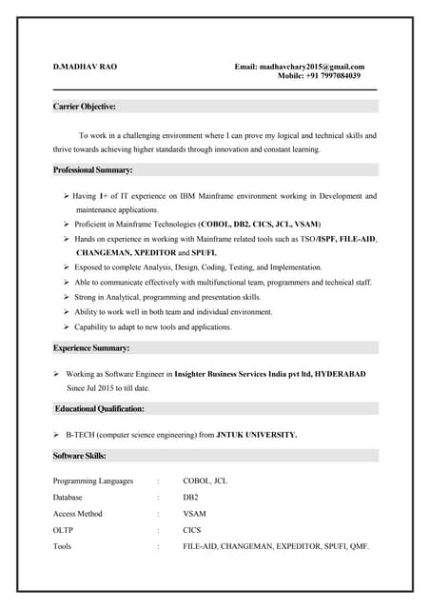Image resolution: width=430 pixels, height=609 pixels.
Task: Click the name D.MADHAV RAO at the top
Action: pos(86,67)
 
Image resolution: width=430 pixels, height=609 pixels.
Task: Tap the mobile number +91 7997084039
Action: pos(333,76)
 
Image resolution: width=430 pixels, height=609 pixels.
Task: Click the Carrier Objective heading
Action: pos(85,107)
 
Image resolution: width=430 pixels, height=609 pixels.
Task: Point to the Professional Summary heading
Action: pos(93,169)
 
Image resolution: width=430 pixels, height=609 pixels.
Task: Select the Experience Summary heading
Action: pos(91,348)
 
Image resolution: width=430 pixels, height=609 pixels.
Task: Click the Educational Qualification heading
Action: pos(100,408)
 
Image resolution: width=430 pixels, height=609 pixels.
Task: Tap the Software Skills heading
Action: pos(80,456)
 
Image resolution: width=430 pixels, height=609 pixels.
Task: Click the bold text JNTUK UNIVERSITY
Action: pos(257,434)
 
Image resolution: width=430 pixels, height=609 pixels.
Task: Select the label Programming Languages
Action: pos(93,481)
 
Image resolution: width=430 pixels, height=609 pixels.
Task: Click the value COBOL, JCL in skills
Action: pos(205,481)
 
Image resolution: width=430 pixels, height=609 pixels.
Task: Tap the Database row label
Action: pos(68,497)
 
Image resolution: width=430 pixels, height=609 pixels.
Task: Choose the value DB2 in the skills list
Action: pos(190,497)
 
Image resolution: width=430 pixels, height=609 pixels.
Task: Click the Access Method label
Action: pos(78,514)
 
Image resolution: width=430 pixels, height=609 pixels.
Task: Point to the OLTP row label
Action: pos(63,530)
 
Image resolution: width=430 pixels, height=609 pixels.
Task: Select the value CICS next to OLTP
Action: pos(192,530)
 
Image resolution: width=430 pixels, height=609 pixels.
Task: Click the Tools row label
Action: pos(63,546)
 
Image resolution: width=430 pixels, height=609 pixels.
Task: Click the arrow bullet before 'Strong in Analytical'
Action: pos(66,298)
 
